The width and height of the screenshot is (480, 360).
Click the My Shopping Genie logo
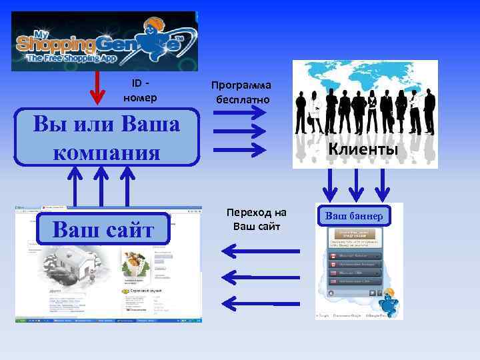pos(105,41)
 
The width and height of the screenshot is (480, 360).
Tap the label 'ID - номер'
pos(141,91)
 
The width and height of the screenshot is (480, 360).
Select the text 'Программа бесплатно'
pos(241,93)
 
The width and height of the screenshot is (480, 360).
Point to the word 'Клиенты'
pos(363,149)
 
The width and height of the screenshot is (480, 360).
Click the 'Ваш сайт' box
pos(103,230)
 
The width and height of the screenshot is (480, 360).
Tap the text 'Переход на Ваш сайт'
pos(257,219)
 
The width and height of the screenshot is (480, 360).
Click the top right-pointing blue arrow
pos(240,112)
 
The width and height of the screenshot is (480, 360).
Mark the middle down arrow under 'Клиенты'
pos(356,183)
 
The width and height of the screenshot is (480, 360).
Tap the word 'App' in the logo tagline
pos(105,59)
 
